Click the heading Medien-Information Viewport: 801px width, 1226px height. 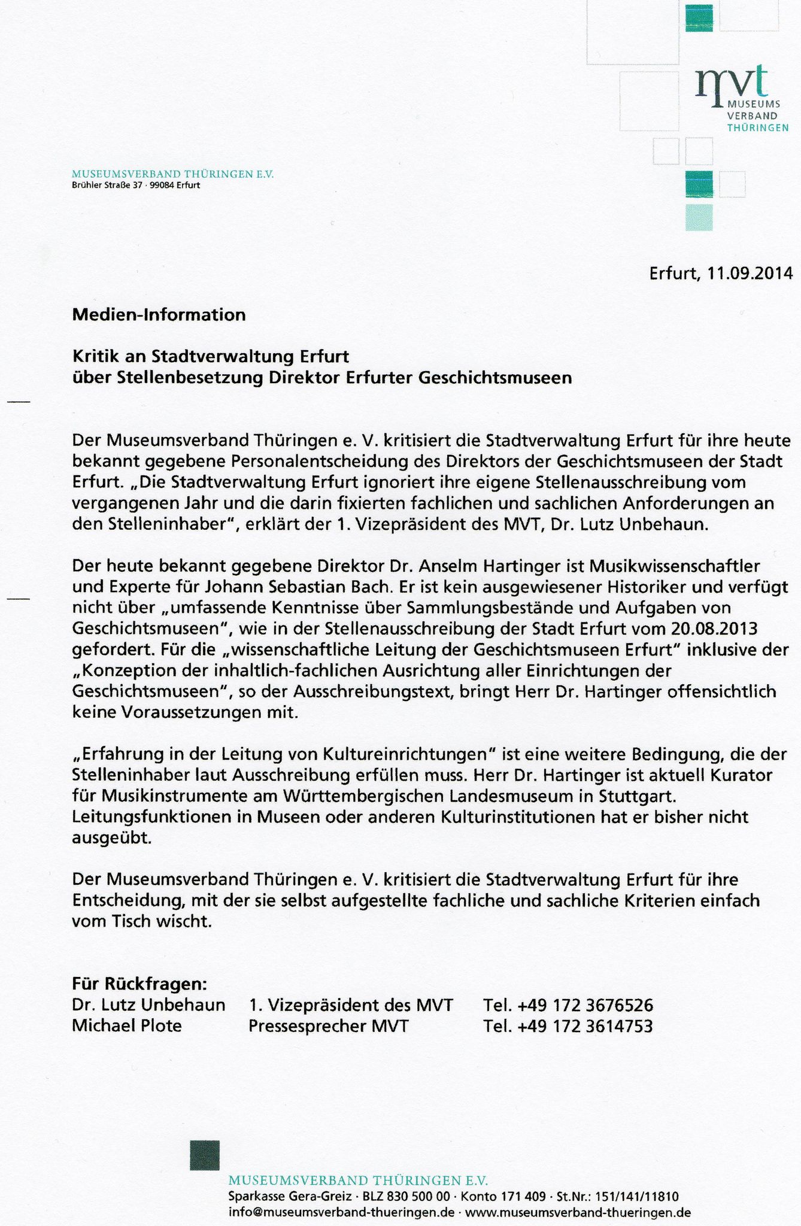point(159,315)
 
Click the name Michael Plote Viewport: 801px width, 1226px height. point(127,1026)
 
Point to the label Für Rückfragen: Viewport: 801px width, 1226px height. point(140,984)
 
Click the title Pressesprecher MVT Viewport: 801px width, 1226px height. point(329,1026)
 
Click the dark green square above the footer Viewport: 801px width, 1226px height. point(205,1155)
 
